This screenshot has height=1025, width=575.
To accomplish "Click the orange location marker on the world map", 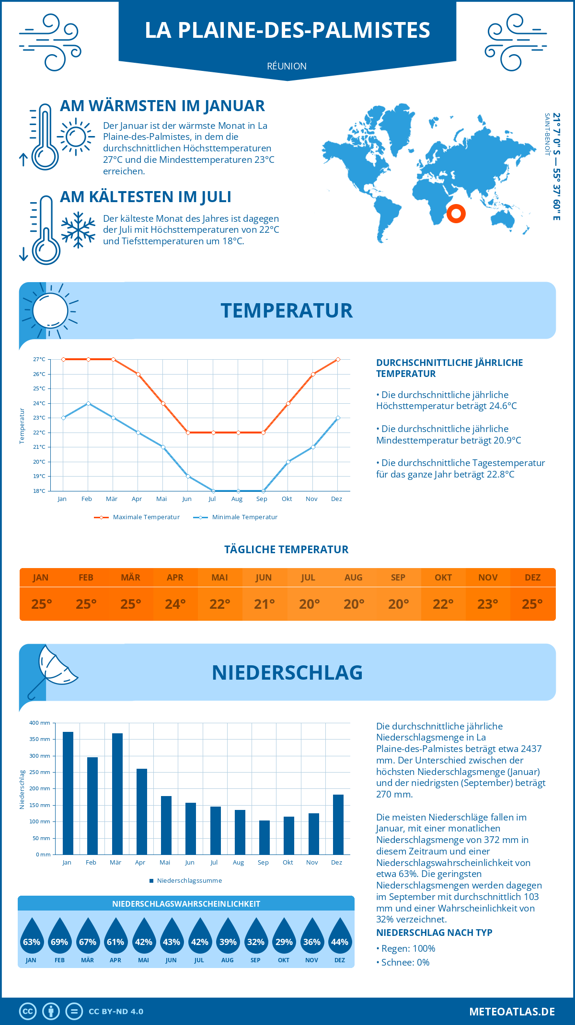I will click(x=456, y=214).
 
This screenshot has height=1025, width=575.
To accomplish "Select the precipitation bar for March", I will click(x=117, y=794).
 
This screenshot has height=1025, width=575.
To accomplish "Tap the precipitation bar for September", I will click(x=264, y=837).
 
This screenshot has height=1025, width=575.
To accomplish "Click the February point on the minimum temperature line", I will click(x=88, y=403).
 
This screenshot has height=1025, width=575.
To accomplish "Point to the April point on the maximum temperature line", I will click(x=138, y=374).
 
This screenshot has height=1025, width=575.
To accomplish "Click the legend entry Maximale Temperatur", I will click(x=137, y=517).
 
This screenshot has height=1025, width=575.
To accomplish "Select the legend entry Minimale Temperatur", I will click(x=236, y=517).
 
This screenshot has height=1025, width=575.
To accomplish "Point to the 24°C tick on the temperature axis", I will click(x=39, y=403).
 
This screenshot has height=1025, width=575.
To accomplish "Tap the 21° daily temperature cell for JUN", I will click(x=264, y=604).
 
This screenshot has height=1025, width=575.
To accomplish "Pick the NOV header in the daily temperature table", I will click(x=488, y=578).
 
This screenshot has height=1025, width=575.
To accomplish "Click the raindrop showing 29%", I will click(x=284, y=936).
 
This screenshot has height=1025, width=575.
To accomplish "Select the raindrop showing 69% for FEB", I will click(x=59, y=936).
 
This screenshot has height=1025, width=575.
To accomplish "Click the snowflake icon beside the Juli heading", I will click(x=78, y=230).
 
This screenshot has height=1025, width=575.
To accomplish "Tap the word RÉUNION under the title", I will click(x=287, y=66).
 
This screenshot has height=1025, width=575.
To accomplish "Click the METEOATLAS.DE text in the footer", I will click(x=512, y=1012).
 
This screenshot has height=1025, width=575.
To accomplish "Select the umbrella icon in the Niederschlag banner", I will click(x=53, y=670).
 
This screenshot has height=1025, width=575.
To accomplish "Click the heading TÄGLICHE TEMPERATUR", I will click(x=287, y=549).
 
